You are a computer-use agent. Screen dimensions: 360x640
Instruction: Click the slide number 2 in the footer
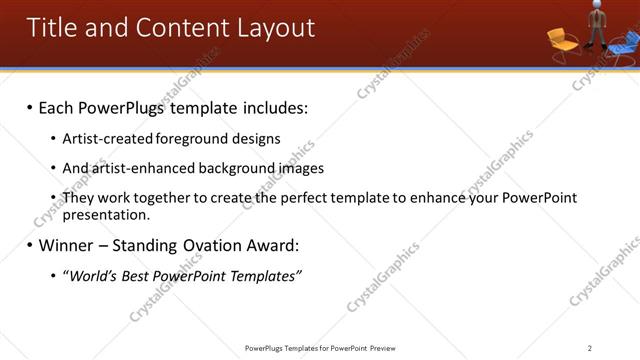590,348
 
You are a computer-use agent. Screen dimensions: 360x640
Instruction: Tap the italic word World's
93,275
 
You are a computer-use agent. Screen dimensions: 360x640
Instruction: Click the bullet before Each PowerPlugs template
29,107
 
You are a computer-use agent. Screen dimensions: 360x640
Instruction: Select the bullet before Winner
29,245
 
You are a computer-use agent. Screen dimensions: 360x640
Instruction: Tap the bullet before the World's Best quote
53,275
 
